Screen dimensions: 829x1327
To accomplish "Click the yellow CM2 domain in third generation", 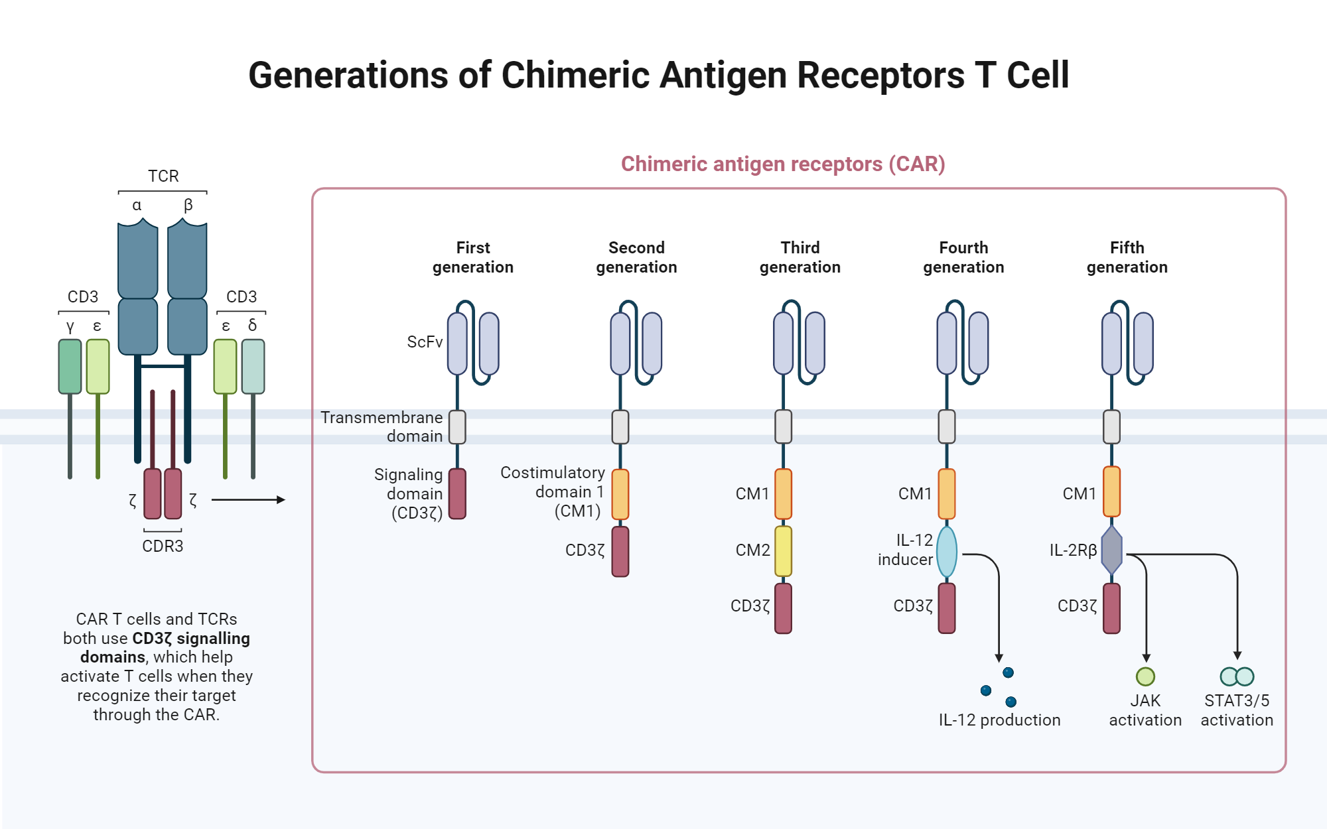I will click(x=783, y=550).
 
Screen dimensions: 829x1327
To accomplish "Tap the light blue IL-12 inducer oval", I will click(x=947, y=552).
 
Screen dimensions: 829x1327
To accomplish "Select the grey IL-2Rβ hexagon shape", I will click(x=1111, y=550).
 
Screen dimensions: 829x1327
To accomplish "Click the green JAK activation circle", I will click(x=1145, y=676).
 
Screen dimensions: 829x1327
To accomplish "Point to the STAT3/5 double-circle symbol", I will click(x=1237, y=676).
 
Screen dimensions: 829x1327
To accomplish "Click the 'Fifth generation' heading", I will click(x=1127, y=257).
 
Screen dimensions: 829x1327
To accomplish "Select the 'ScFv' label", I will click(x=425, y=342).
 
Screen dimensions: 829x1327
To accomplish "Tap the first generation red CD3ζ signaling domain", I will click(x=457, y=494).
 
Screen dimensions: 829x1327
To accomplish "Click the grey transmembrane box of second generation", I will click(x=620, y=427).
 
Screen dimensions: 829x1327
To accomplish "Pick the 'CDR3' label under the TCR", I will click(x=163, y=546).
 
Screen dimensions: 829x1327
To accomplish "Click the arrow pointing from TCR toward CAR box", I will click(x=248, y=500).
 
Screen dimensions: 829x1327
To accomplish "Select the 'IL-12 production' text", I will click(x=999, y=720).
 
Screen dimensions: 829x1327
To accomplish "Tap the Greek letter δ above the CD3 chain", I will click(x=252, y=326).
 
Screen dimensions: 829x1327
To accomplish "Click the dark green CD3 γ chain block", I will click(x=70, y=367).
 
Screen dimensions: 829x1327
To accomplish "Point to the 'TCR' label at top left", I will click(x=163, y=176).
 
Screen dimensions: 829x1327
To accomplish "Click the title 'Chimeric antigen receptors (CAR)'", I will click(x=783, y=164).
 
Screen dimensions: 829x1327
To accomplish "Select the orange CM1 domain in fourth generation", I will click(x=947, y=494).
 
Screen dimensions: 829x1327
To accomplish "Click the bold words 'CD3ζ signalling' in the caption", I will click(x=191, y=639).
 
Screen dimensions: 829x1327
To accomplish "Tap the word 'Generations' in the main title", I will click(x=349, y=76).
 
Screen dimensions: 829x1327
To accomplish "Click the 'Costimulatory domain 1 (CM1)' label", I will click(x=553, y=492).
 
